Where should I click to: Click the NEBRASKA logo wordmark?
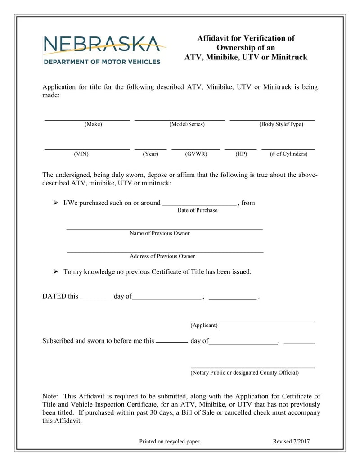101,45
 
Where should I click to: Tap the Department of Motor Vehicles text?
102,62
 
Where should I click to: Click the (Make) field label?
93,124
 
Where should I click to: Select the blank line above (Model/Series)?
180,120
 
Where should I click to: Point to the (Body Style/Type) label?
281,124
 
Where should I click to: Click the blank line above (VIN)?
86,149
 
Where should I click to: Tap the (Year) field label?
150,154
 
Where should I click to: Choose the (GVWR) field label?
196,154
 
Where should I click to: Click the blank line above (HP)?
240,149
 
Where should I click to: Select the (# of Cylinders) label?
288,154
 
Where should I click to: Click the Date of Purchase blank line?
199,204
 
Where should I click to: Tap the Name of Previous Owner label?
159,233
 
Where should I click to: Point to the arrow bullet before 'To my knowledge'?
56,272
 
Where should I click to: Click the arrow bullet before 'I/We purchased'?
56,203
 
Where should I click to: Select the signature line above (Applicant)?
252,321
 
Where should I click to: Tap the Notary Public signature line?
252,368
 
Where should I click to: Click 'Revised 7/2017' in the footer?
291,442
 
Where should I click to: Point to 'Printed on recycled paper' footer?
169,442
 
